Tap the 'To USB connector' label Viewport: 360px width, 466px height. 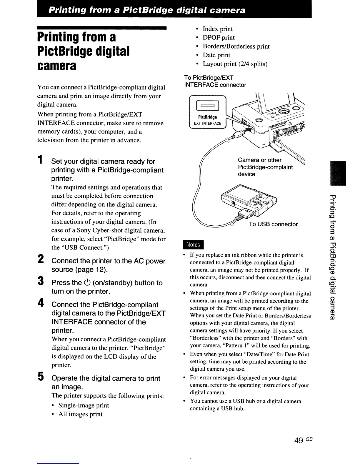(x=273, y=224)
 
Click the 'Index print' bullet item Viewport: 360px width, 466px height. (x=218, y=29)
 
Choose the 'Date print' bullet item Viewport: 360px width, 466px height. (x=216, y=55)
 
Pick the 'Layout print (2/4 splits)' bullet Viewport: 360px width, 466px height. (x=235, y=64)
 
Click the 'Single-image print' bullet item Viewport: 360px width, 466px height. (x=84, y=405)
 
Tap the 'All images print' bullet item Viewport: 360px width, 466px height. (x=80, y=414)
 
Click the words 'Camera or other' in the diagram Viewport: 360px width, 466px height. (x=259, y=160)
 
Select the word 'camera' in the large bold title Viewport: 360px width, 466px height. (x=57, y=66)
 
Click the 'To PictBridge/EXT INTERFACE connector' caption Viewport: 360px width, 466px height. (x=215, y=81)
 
